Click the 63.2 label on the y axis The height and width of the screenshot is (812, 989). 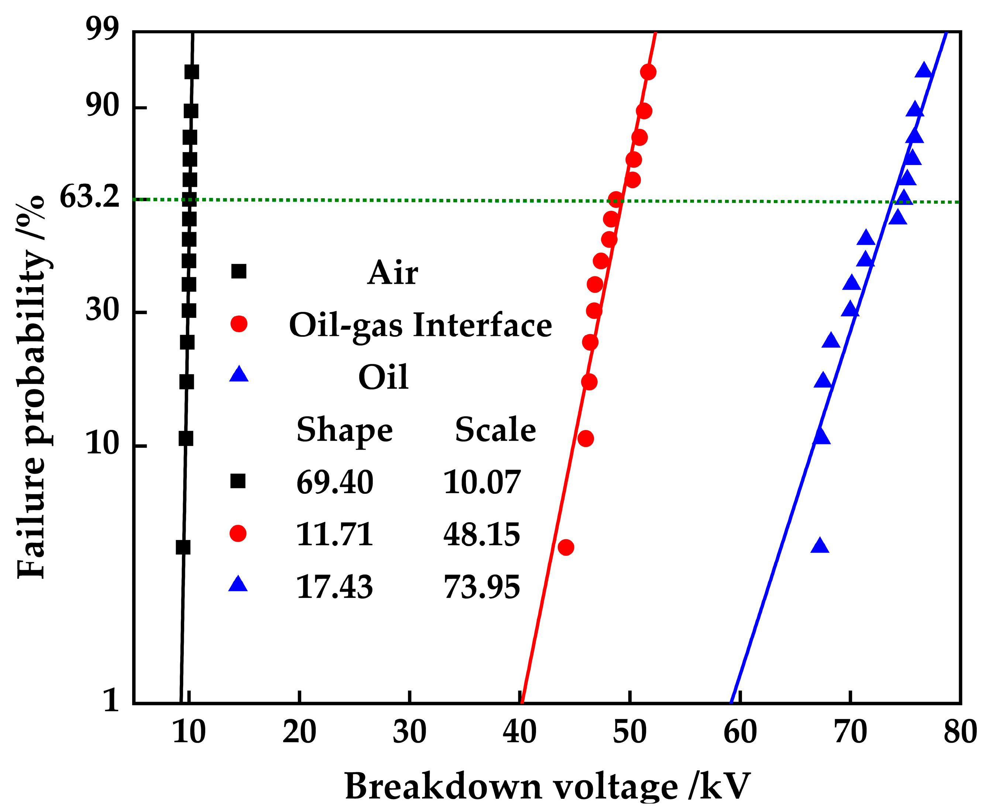(x=90, y=196)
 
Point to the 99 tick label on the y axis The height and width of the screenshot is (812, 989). (x=103, y=30)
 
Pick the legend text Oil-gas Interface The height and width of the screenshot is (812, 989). (x=420, y=325)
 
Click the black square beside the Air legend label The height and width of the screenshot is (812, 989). (x=238, y=271)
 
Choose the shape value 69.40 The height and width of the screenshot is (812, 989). (x=334, y=482)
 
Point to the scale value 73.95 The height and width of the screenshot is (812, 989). (x=481, y=587)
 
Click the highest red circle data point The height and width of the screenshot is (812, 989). (x=648, y=72)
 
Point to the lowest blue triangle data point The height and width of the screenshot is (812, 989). (x=820, y=546)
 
